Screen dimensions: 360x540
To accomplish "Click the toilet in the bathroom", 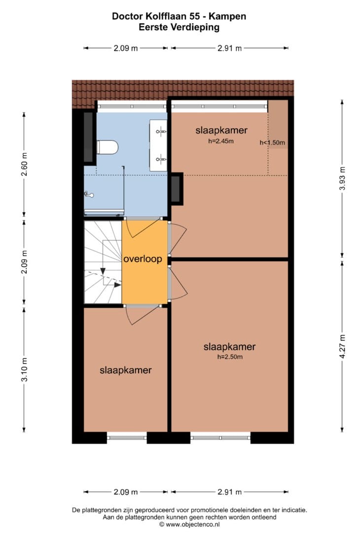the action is coord(107,147).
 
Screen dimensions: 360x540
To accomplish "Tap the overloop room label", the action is coord(143,259).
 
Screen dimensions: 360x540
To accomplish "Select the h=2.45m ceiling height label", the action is coord(221,141).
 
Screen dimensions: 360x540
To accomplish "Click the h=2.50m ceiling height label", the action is coord(230,357).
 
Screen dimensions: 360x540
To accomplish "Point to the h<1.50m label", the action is coord(272,142).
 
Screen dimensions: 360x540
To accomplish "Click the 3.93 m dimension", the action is coord(342,178).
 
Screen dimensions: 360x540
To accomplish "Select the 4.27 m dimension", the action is coord(342,346).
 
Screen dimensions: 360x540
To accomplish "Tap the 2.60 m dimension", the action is coord(24,164).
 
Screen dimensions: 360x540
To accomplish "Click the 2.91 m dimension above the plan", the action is coord(230,48).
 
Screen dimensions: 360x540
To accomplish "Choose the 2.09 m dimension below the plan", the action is coord(126,492).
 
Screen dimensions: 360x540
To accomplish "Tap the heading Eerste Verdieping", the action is coord(179,27).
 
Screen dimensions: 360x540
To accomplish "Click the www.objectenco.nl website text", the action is coord(192,525).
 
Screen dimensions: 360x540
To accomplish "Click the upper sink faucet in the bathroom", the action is coord(161,131).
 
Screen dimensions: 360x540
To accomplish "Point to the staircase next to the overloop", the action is coord(103,262).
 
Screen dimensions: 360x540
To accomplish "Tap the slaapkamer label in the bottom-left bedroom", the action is coord(126,370).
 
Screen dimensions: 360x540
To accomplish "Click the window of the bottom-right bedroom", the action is coord(221,438).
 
